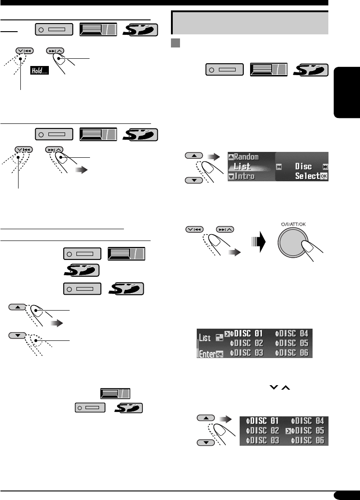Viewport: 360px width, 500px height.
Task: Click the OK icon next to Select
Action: click(x=323, y=176)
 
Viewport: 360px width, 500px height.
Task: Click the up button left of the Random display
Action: click(x=195, y=155)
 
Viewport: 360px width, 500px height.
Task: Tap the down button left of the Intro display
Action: click(x=195, y=180)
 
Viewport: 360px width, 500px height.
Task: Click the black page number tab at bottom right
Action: click(x=348, y=493)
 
